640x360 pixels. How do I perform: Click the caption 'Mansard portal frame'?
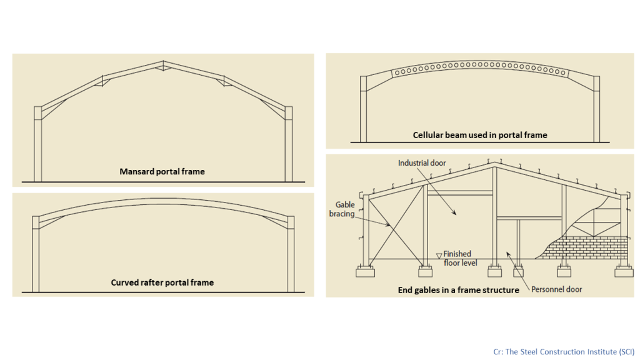162,172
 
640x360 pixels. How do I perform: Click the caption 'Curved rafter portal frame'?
162,282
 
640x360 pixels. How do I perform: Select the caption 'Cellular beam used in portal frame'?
480,135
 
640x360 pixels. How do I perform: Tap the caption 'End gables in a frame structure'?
458,290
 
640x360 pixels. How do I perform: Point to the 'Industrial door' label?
422,163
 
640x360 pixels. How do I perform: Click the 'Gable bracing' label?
342,209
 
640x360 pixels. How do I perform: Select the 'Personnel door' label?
557,289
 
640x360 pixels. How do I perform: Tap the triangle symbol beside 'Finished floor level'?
439,256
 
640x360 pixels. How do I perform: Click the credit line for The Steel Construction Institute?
564,352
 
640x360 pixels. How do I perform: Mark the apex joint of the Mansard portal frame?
163,65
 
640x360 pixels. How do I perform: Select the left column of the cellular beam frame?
363,109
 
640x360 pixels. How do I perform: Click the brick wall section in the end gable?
584,247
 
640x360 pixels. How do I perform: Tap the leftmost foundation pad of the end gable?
365,271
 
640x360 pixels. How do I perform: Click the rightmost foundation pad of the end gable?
624,271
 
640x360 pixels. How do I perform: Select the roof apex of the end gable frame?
495,164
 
